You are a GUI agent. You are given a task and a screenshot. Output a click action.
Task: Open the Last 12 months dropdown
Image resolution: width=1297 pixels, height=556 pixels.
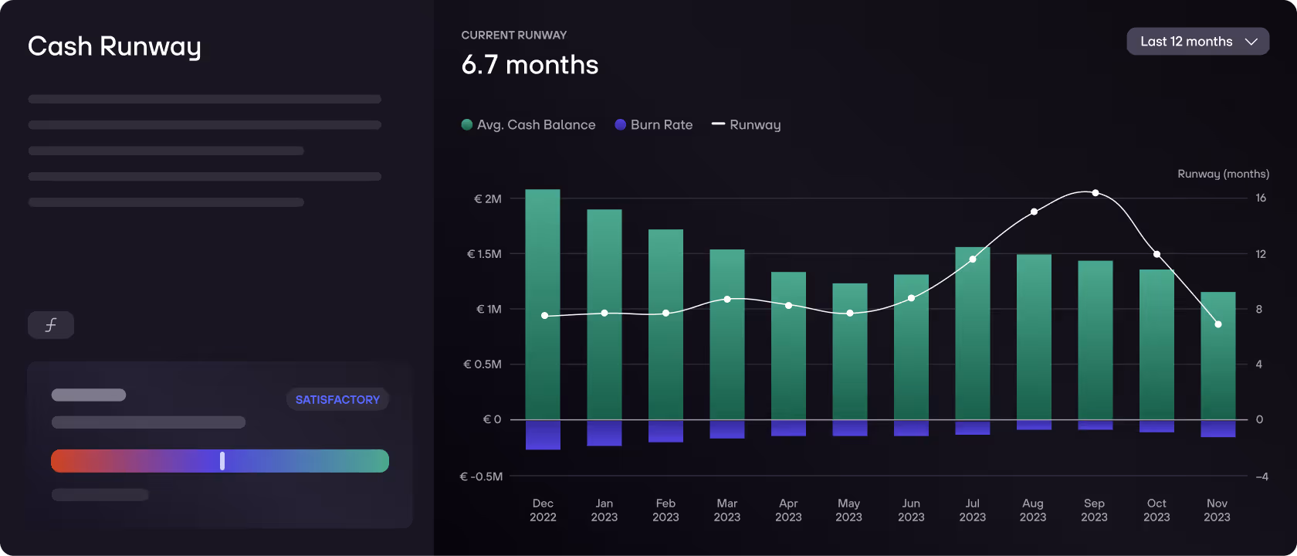coord(1197,42)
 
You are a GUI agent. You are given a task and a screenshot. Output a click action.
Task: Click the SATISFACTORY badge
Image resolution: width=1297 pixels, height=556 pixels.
coord(337,399)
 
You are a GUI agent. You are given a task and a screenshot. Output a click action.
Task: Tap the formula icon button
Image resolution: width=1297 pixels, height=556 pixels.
coord(51,325)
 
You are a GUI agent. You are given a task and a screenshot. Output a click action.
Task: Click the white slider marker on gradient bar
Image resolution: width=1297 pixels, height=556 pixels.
coord(222,461)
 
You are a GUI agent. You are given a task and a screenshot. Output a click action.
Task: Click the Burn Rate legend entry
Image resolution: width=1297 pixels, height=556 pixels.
coord(654,125)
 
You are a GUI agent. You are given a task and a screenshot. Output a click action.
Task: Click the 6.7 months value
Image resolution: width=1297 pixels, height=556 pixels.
coord(530,65)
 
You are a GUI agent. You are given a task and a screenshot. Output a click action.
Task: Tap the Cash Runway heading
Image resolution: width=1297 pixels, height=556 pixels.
coord(114,46)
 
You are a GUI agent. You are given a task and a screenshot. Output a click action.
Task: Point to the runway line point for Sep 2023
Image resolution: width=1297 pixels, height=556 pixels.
coord(1095,193)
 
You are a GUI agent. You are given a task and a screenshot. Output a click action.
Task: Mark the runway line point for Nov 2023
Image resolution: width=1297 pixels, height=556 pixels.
coord(1217,324)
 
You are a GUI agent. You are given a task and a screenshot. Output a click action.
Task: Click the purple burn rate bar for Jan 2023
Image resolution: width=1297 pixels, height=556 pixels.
coord(604,432)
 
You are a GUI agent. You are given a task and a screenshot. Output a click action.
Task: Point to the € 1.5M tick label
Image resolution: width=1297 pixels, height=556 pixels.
coord(484,254)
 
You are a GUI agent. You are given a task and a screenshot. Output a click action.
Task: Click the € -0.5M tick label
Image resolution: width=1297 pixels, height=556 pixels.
coord(481,476)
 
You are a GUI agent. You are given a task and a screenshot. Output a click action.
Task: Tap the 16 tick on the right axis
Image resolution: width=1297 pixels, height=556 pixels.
coord(1260,198)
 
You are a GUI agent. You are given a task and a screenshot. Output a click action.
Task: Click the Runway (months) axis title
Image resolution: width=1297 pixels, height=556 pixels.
coord(1223,174)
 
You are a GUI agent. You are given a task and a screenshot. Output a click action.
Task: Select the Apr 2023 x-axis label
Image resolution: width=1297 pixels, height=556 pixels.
coord(788,510)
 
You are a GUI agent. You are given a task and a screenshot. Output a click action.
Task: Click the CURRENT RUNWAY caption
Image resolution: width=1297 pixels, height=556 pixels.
coord(513,36)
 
